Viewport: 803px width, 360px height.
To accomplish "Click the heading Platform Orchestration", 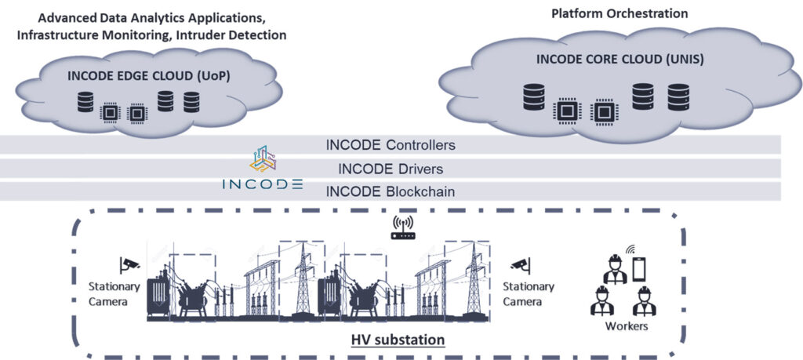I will [619, 13].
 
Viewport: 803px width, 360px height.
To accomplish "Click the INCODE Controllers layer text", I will [390, 145].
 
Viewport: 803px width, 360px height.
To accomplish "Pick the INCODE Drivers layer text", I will [390, 168].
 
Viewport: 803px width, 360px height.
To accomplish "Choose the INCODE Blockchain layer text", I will [390, 191].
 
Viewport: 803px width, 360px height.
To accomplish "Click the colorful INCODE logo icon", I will [263, 158].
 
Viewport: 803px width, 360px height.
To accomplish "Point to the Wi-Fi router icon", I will [402, 227].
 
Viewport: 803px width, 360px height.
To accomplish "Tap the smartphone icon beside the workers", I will [639, 269].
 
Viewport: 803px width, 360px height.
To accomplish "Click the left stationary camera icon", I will [129, 264].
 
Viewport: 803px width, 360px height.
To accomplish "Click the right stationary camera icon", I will [520, 264].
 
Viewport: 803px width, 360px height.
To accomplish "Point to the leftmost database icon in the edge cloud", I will [85, 102].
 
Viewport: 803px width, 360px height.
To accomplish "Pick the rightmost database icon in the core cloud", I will [678, 97].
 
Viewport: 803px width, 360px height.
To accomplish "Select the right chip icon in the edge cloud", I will [136, 113].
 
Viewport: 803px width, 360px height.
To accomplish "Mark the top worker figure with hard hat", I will [613, 267].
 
